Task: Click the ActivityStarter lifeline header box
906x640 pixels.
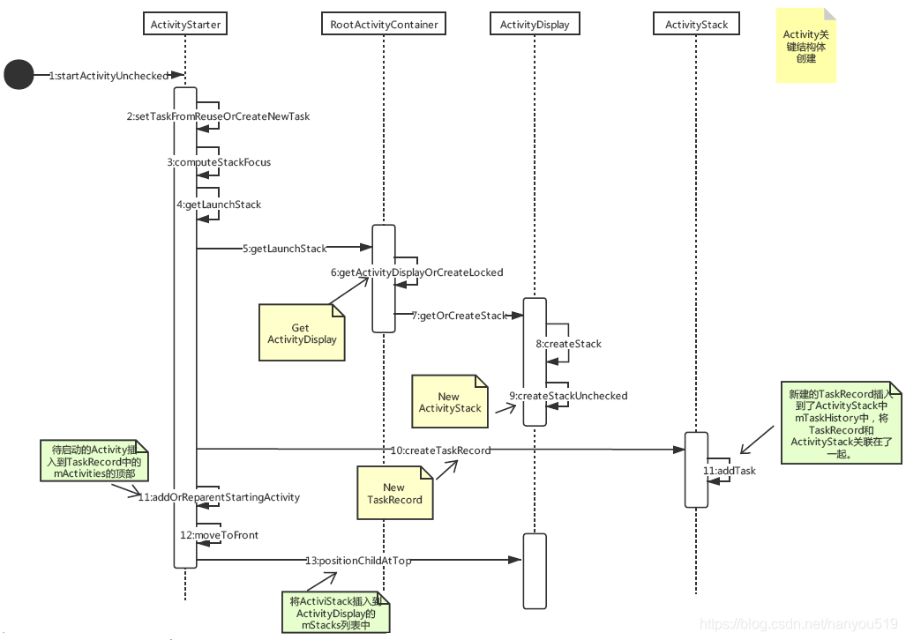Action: [x=185, y=24]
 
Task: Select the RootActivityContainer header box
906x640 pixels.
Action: [x=384, y=24]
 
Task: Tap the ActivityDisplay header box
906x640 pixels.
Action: [x=535, y=24]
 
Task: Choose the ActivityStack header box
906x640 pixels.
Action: [x=696, y=24]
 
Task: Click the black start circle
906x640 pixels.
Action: [x=19, y=75]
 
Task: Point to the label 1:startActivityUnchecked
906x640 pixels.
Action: [x=108, y=76]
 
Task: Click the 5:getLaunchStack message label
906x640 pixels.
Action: [x=284, y=249]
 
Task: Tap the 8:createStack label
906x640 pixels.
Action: [x=568, y=343]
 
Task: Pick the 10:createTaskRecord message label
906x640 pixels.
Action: [x=440, y=450]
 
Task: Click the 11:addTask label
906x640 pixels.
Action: [x=729, y=471]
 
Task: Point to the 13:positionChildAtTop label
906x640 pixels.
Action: [x=358, y=560]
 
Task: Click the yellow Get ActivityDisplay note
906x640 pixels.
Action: [x=302, y=332]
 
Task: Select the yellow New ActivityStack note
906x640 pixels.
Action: [x=449, y=402]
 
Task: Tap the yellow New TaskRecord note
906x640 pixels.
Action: [x=394, y=493]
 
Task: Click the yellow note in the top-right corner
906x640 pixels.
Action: [x=805, y=46]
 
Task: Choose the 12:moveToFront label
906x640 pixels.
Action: [x=219, y=535]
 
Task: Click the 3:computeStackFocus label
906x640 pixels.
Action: [x=219, y=162]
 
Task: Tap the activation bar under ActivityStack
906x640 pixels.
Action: [x=696, y=469]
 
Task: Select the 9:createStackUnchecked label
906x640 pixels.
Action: [x=568, y=396]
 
